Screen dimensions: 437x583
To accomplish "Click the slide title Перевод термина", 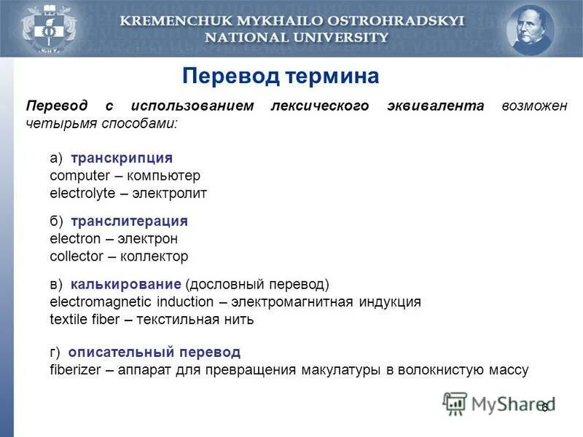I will [281, 76].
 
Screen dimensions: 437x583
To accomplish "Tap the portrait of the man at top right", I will [531, 30].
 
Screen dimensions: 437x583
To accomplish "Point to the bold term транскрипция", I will [122, 158].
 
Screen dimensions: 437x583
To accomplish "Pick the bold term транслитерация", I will [130, 221].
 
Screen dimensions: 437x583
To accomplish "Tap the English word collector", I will [74, 256].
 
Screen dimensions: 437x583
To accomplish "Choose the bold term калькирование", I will [126, 283].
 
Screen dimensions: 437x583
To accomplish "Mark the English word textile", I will [69, 319].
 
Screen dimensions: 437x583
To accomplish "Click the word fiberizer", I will [76, 370].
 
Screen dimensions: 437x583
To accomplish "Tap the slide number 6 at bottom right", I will [544, 408].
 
